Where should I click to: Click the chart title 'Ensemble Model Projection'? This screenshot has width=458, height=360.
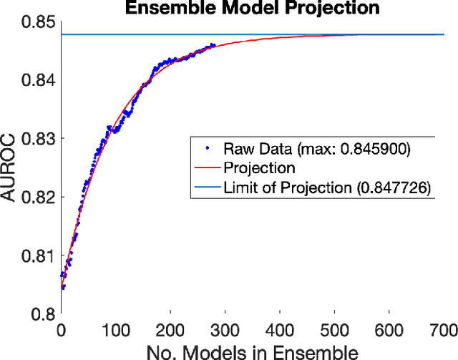click(x=252, y=9)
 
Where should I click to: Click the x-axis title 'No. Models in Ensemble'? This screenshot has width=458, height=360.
click(x=252, y=351)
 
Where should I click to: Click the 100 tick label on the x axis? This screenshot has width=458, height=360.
click(x=116, y=329)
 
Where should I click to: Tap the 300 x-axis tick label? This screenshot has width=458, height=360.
click(x=225, y=329)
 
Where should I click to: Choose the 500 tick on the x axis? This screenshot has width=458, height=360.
click(x=334, y=329)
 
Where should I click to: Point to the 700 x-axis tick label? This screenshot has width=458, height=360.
click(x=443, y=329)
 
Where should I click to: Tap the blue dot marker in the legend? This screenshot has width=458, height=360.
click(x=206, y=150)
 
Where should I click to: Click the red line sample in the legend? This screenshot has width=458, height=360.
click(x=205, y=169)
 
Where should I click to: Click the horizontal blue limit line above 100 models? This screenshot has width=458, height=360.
click(x=116, y=34)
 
